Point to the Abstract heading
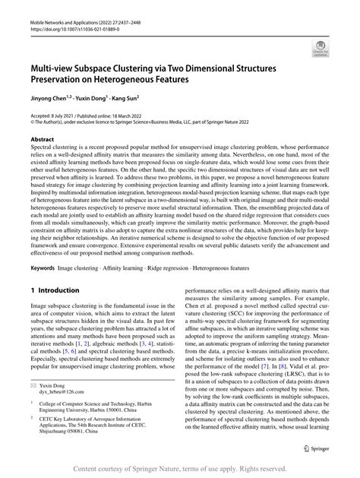pyautogui.click(x=41, y=140)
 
